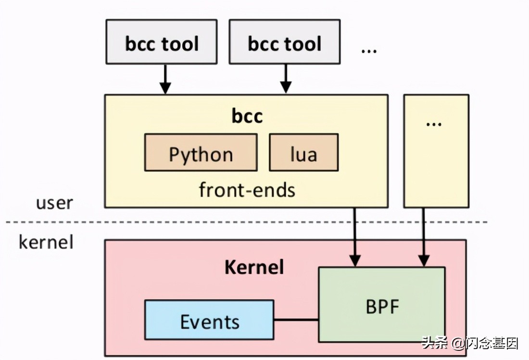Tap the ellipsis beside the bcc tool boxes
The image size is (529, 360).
point(369,50)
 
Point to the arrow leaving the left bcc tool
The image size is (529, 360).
point(165,79)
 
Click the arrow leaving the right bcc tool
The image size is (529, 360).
point(286,79)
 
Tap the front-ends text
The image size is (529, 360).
point(247,190)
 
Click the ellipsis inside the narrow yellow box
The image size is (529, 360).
point(434,123)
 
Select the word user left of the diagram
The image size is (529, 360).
point(55,203)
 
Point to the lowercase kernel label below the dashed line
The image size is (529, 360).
point(46,242)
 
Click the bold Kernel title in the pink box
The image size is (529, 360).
point(254,267)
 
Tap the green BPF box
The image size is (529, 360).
point(382,304)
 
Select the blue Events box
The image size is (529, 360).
point(209,321)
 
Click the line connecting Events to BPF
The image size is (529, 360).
point(296,319)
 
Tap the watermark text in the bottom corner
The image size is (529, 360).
point(470,343)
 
